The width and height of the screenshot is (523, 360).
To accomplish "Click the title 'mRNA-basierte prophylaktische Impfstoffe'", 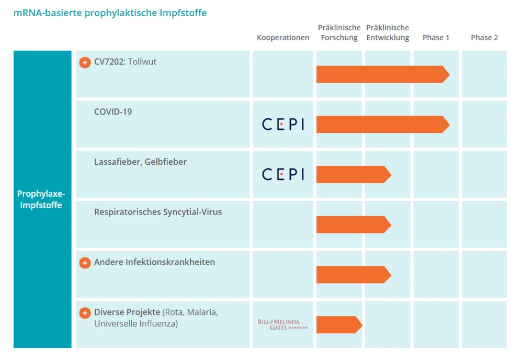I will click(x=110, y=13).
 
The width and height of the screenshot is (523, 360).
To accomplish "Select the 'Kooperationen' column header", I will click(x=283, y=38).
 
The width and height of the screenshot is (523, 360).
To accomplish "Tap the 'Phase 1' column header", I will click(x=436, y=38).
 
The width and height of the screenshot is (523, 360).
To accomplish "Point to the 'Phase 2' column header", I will click(x=484, y=38).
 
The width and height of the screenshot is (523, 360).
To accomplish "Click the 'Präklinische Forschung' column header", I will click(x=339, y=32).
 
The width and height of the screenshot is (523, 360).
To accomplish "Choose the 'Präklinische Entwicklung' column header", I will click(x=388, y=32).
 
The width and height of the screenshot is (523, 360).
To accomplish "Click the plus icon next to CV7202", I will click(x=85, y=62).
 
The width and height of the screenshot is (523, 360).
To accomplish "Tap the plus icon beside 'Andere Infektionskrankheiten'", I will click(x=85, y=263).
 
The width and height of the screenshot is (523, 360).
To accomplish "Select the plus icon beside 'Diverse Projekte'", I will click(x=85, y=313).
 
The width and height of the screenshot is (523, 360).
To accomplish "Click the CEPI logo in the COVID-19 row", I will click(x=283, y=125).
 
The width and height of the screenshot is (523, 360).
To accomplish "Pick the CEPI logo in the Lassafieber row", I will click(x=283, y=174).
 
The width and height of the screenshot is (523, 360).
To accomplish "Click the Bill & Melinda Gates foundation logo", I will click(x=283, y=324).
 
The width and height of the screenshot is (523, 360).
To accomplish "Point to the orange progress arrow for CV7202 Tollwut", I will click(x=382, y=74).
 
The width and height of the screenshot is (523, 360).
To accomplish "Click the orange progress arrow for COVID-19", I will click(x=382, y=125).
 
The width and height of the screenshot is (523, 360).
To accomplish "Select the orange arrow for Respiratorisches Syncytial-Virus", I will click(x=353, y=224).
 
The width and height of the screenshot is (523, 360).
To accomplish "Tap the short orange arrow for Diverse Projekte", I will click(x=339, y=324).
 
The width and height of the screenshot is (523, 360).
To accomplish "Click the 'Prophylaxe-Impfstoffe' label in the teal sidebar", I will click(x=42, y=199).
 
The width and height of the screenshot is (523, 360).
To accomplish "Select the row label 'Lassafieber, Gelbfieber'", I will click(x=140, y=162).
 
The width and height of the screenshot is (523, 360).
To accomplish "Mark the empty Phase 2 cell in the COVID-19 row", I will click(x=484, y=124).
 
